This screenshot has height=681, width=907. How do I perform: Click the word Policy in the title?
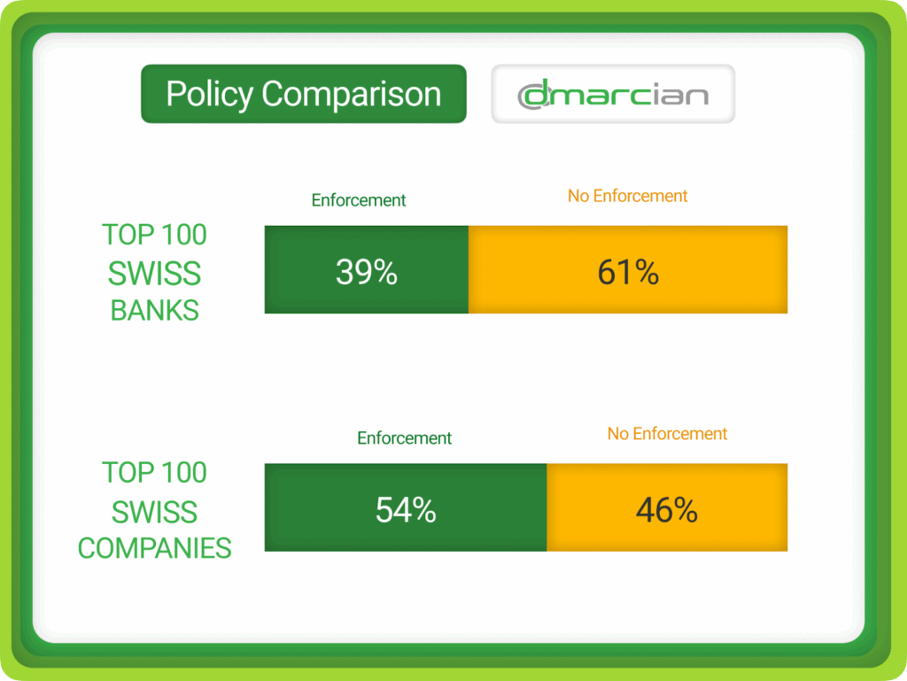pyautogui.click(x=209, y=95)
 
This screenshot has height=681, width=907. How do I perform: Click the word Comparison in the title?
pyautogui.click(x=351, y=95)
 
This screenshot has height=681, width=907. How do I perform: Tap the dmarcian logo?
pyautogui.click(x=613, y=94)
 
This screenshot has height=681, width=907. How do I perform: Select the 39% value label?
pyautogui.click(x=367, y=271)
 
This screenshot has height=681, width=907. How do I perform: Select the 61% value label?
pyautogui.click(x=628, y=272)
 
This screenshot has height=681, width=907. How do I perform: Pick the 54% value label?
pyautogui.click(x=406, y=509)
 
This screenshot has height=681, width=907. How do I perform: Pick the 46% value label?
pyautogui.click(x=667, y=509)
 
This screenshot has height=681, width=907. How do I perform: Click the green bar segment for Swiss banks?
pyautogui.click(x=367, y=269)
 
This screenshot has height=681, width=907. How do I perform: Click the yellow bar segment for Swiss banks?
pyautogui.click(x=628, y=269)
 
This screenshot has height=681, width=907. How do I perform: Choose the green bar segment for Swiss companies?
pyautogui.click(x=406, y=507)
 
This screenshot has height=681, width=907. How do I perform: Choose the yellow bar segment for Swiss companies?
pyautogui.click(x=667, y=507)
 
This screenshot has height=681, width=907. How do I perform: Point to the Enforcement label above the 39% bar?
pyautogui.click(x=359, y=200)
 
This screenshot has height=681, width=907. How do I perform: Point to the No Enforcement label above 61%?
pyautogui.click(x=628, y=196)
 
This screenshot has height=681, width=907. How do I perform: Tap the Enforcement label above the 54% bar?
pyautogui.click(x=404, y=437)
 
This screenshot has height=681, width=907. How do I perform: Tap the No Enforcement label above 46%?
pyautogui.click(x=667, y=434)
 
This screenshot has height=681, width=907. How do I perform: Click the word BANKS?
pyautogui.click(x=154, y=311)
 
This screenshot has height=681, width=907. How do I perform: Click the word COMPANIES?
pyautogui.click(x=154, y=548)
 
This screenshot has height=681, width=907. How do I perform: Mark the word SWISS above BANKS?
pyautogui.click(x=154, y=274)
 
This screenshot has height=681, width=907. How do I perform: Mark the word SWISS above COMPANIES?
pyautogui.click(x=154, y=512)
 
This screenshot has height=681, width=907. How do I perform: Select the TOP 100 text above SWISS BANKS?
pyautogui.click(x=154, y=235)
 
